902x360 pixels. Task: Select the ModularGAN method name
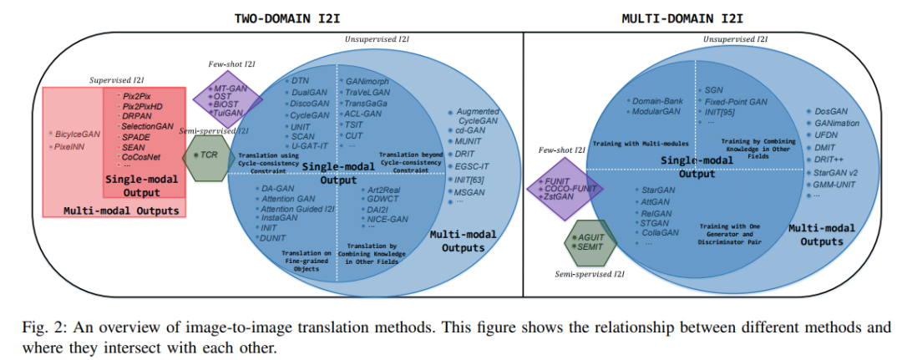[x=658, y=110]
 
